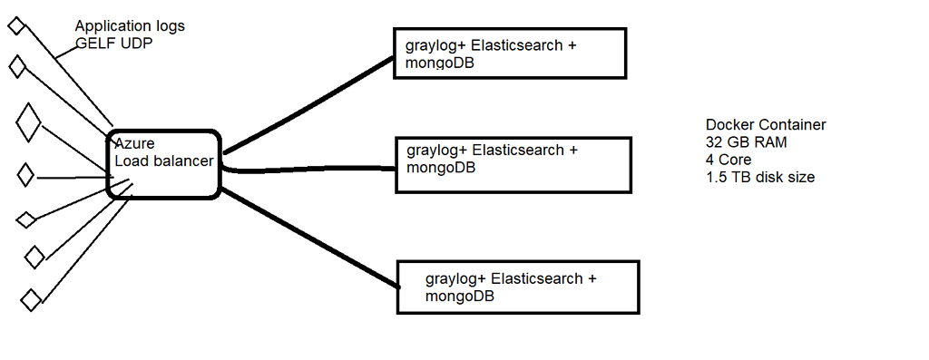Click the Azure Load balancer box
pos(163,163)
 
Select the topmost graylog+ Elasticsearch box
pos(509,53)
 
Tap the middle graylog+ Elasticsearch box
pos(513,164)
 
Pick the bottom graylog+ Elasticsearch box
pos(518,287)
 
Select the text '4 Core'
pos(729,160)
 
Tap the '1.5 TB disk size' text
pos(759,177)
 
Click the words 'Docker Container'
pos(766,125)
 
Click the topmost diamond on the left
pos(15,26)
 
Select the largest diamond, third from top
pos(29,122)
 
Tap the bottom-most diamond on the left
pos(31,298)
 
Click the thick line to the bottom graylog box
pos(308,238)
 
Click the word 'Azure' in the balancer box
pos(134,144)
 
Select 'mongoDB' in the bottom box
pos(459,297)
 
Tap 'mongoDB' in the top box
pos(435,64)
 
